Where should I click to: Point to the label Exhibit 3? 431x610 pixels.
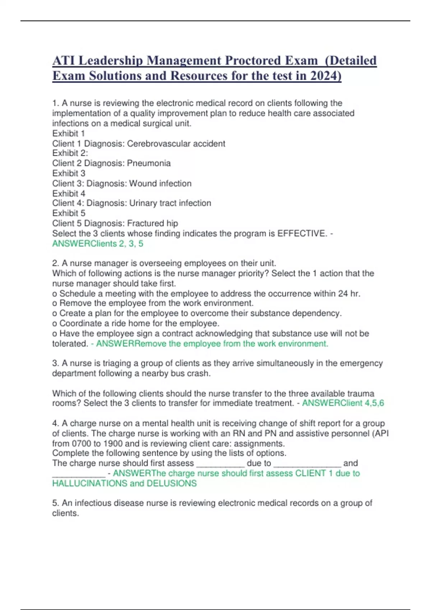point(69,173)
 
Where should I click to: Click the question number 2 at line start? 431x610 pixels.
point(55,263)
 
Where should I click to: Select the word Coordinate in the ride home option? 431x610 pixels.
point(79,323)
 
